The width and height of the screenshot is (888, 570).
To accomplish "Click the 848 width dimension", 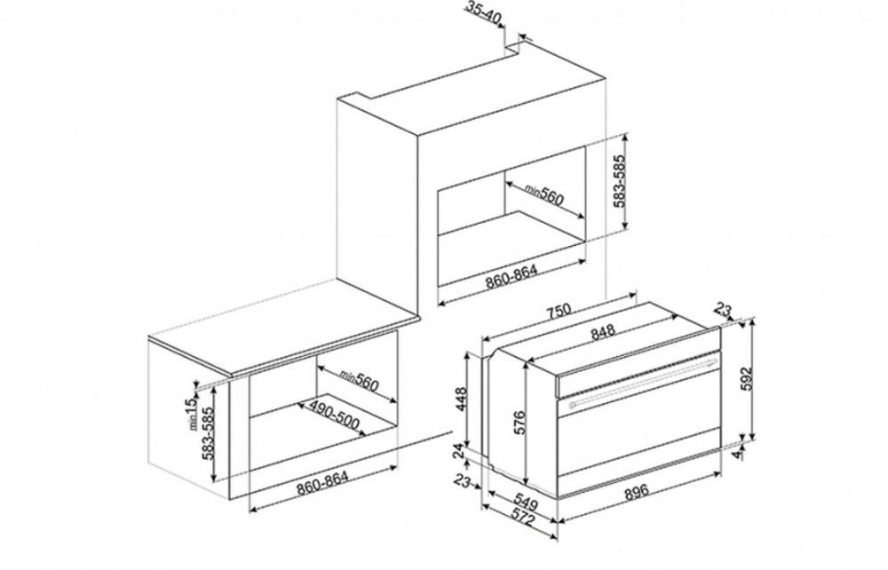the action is (x=603, y=334).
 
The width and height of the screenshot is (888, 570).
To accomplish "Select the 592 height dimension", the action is (x=747, y=379).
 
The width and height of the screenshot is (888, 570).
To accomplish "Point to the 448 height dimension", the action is (x=461, y=399).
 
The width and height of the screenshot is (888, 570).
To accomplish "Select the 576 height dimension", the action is (x=519, y=423).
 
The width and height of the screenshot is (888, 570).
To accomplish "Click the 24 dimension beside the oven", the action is (x=460, y=450).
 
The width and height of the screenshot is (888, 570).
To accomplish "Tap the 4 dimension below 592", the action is (x=736, y=455).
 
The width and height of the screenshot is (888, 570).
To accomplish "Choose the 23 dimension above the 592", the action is (x=724, y=310).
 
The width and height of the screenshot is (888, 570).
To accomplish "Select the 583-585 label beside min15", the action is (x=209, y=433).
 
